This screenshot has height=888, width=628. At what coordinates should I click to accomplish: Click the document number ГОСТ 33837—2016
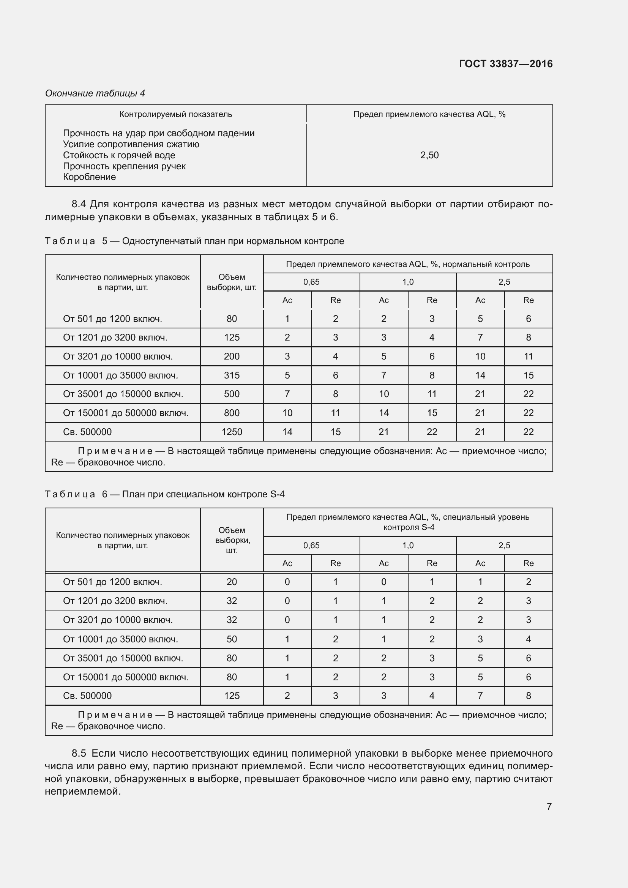coord(505,64)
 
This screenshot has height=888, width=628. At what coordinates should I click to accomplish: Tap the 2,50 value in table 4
coord(429,155)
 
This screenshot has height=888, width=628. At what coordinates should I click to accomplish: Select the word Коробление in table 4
coord(89,177)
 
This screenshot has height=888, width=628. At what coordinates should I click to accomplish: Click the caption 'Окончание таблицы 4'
coord(95,93)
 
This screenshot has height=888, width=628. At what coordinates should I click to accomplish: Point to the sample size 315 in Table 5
coord(232,375)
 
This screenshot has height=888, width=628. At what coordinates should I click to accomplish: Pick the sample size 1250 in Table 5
coord(232,432)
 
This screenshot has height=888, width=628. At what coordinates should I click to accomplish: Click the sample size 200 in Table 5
coord(232,356)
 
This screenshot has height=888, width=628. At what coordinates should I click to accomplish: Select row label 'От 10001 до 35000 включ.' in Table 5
coord(120,375)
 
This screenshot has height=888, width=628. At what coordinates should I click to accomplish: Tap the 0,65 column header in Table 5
coord(311,282)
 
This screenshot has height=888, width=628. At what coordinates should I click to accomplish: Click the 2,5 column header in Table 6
coord(504,545)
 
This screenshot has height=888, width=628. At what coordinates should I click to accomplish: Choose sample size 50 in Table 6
coord(232,639)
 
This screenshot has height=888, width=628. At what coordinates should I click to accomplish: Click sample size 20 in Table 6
coord(232,582)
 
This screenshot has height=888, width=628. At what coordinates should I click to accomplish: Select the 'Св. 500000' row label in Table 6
coord(87,696)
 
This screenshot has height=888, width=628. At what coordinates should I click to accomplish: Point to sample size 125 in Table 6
coord(232,696)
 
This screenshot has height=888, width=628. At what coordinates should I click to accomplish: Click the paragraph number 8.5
coord(79,753)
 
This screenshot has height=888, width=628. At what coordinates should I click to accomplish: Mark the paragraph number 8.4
coord(79,204)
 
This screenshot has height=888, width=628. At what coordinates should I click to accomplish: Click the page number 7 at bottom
coord(549,806)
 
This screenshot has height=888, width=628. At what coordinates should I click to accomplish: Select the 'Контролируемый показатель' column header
coord(175,114)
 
